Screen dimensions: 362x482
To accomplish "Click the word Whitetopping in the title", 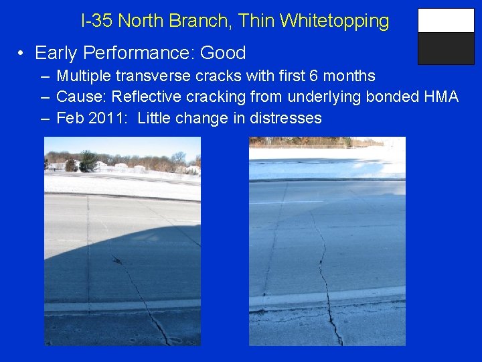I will click(x=335, y=21).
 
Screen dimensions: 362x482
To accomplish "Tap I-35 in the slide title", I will click(x=96, y=21).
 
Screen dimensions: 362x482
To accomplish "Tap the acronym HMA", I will click(x=441, y=97).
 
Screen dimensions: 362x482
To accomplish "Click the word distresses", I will click(x=286, y=119).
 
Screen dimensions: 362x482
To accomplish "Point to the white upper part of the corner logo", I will click(x=446, y=21).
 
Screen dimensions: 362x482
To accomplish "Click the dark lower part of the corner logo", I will click(x=446, y=48).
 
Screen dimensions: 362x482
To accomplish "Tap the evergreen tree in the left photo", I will click(x=88, y=161).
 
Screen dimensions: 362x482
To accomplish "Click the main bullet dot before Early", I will click(x=22, y=54).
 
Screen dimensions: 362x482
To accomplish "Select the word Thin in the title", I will click(x=256, y=21).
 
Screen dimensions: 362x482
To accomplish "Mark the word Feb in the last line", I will click(x=70, y=119).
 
